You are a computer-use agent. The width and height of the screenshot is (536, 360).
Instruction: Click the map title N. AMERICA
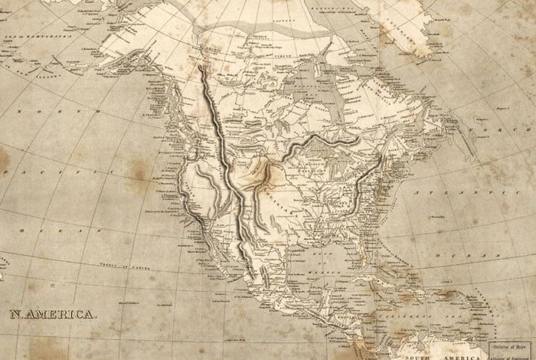(x=53, y=314)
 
